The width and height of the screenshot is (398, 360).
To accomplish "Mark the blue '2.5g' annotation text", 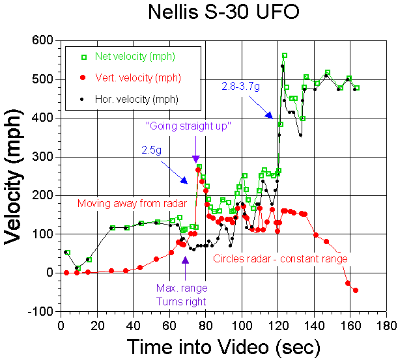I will coord(152,149).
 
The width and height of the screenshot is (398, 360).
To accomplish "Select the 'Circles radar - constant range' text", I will coord(281,258).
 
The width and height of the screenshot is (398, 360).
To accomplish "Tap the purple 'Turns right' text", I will coord(181,301).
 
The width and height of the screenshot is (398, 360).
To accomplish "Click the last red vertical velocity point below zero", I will coord(356,290).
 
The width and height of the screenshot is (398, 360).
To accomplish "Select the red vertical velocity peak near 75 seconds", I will coord(198,170).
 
